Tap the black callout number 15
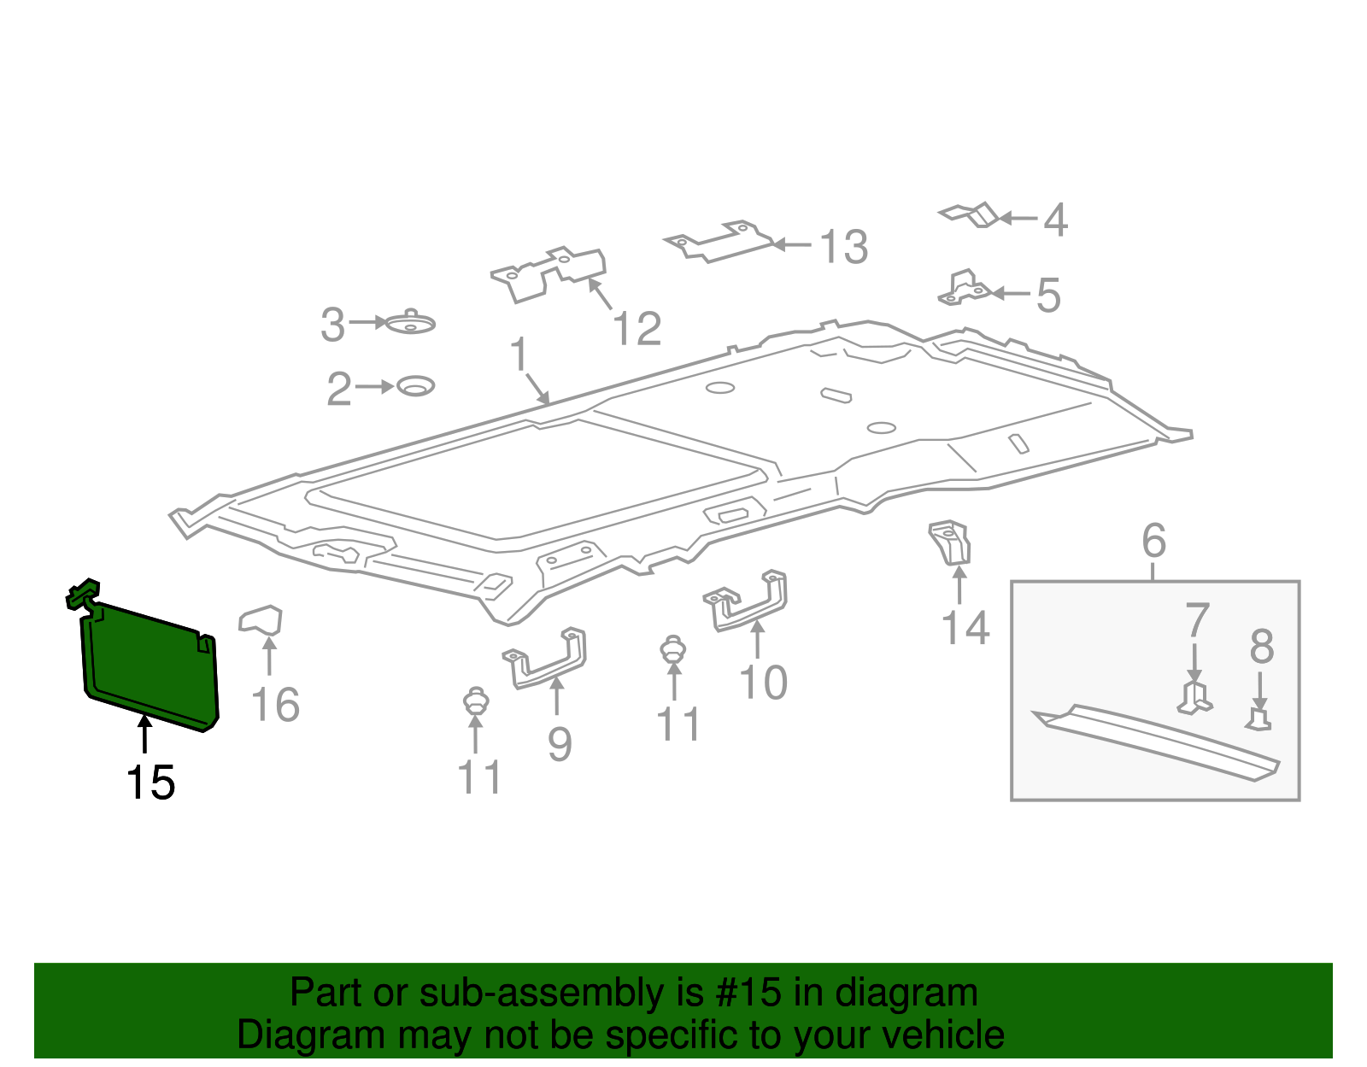point(150,783)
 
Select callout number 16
point(275,706)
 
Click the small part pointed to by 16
point(261,620)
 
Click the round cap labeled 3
point(411,323)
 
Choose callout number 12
point(637,329)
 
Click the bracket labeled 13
point(719,242)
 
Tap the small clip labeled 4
point(971,214)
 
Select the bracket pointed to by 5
point(964,289)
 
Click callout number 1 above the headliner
point(519,355)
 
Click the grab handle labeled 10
point(748,601)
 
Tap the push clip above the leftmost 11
point(475,703)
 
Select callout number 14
point(965,628)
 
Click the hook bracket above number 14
point(951,542)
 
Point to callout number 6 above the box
point(1153,541)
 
